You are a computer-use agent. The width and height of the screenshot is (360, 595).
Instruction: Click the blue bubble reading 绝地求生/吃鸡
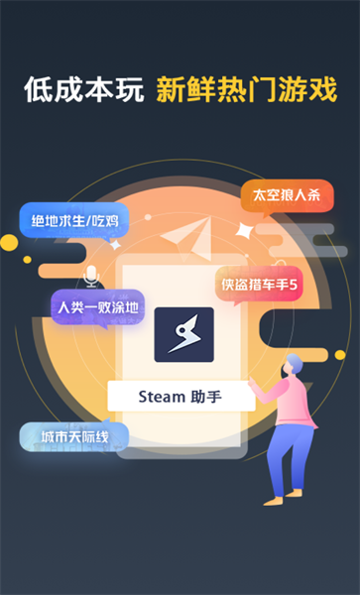(x=65, y=219)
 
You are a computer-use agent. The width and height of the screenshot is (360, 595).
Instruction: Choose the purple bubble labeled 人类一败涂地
(x=97, y=306)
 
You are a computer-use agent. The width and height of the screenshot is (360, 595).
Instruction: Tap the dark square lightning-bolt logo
(x=183, y=334)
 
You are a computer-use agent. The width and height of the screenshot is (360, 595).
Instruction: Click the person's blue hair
(x=294, y=363)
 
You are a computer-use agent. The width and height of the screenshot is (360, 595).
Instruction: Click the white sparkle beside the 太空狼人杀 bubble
(x=244, y=230)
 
